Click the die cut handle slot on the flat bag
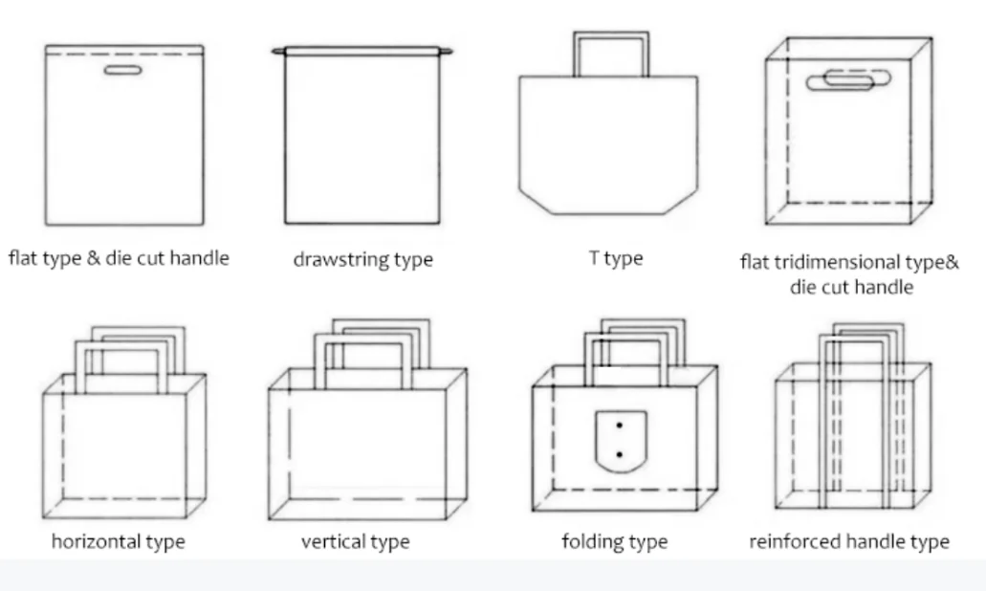tap(122, 70)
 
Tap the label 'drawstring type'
tap(362, 259)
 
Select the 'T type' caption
tap(616, 258)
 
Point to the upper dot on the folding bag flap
tap(620, 426)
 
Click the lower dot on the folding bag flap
tap(620, 454)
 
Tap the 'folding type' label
tap(614, 541)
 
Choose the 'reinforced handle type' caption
tap(849, 541)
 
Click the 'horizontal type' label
tap(119, 541)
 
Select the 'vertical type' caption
tap(356, 541)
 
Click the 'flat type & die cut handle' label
tap(119, 258)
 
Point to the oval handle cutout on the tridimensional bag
tap(849, 78)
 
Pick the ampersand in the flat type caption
tap(93, 258)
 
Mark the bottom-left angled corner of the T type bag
tap(536, 201)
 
